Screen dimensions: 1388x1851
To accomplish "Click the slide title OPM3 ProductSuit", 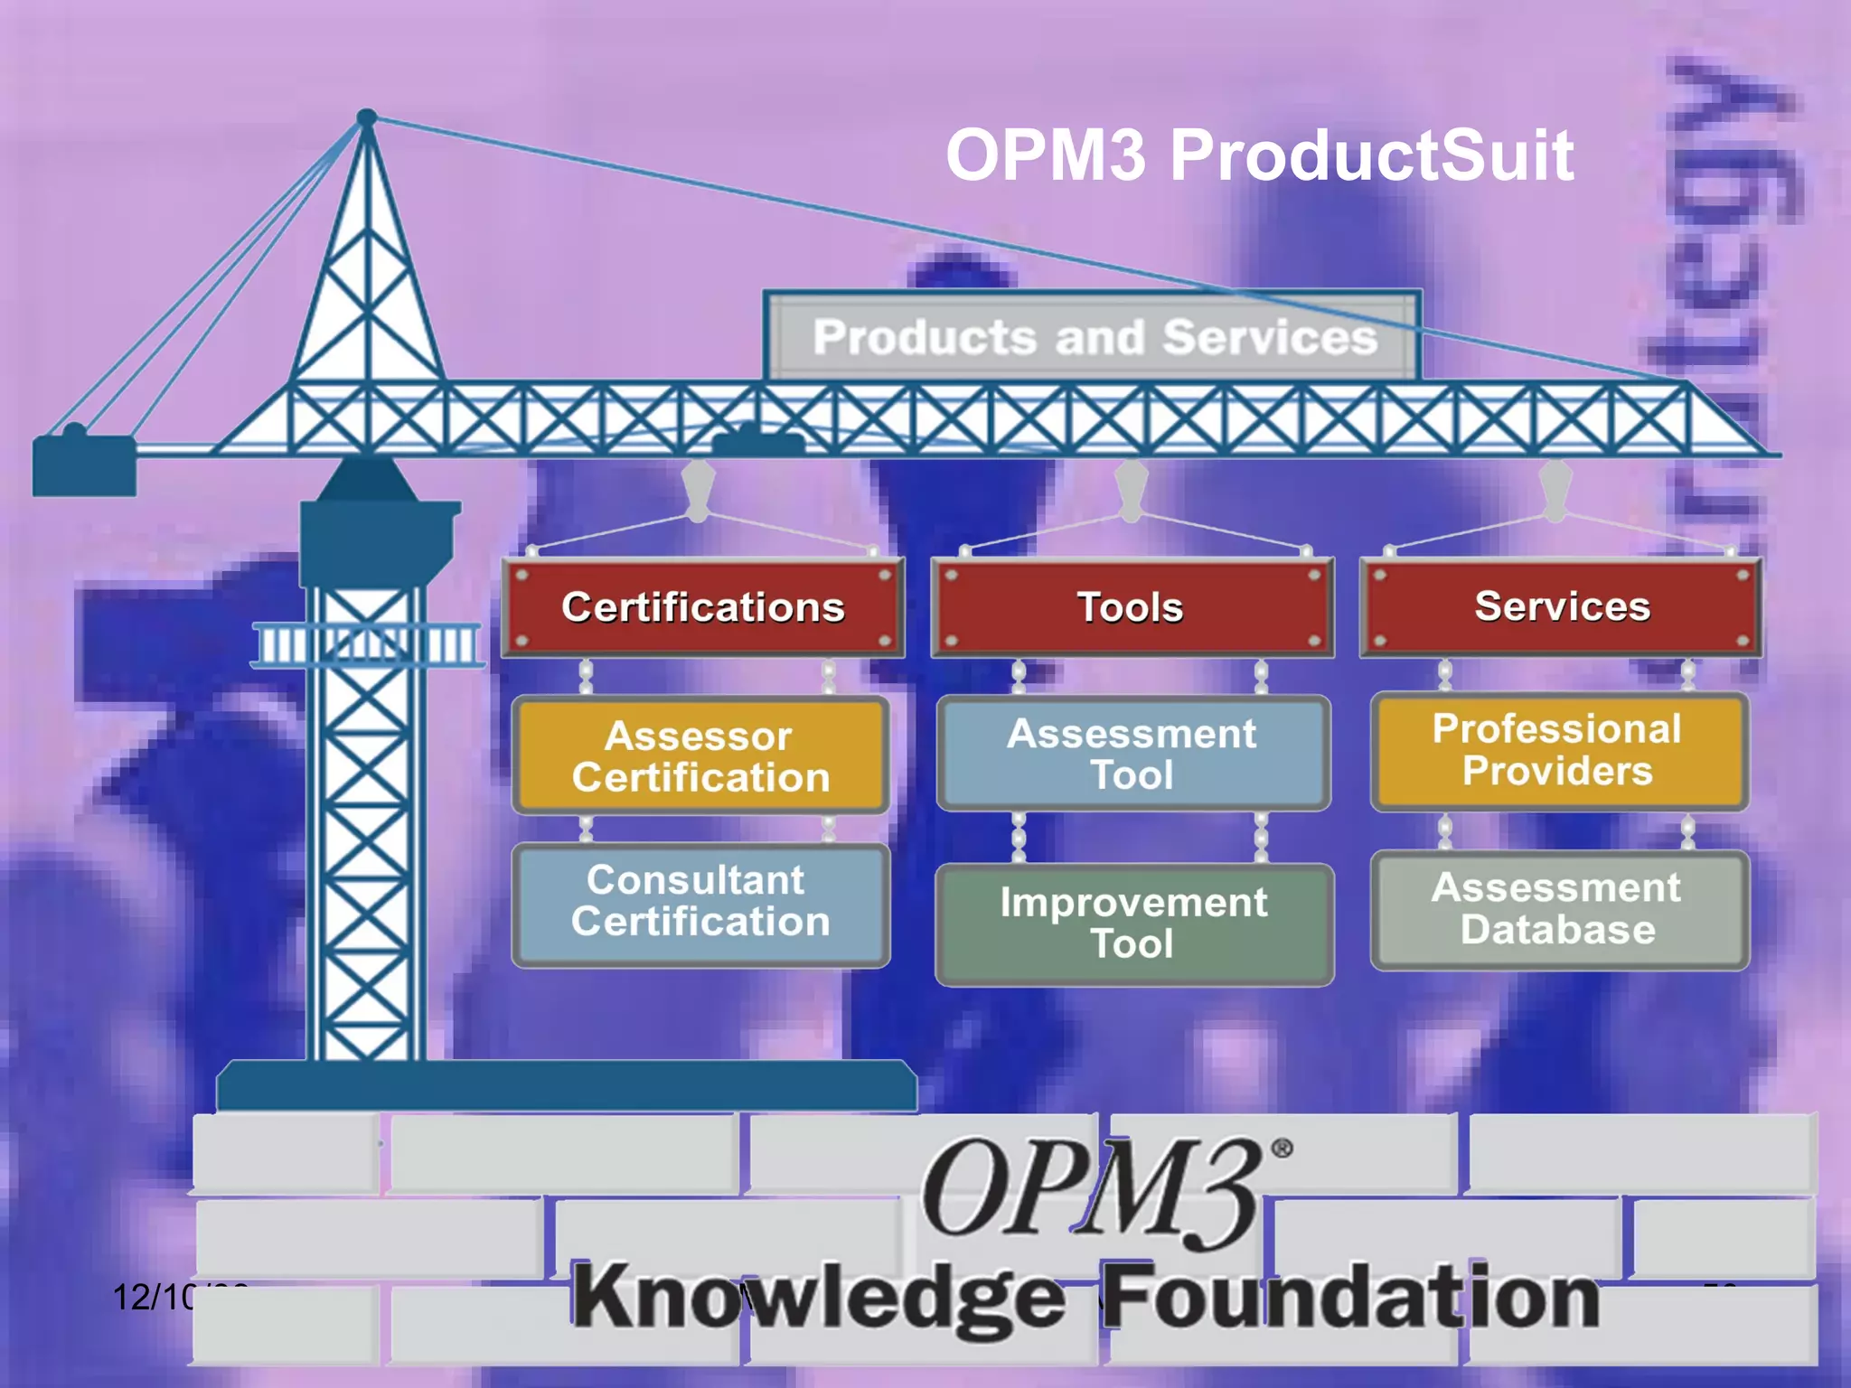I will coord(1259,155).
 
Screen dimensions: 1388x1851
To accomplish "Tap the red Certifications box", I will coord(702,607).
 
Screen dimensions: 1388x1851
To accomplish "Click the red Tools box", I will coord(1132,607).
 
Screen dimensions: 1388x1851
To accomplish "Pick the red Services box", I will coord(1561,606).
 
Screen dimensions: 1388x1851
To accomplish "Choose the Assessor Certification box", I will coord(700,756).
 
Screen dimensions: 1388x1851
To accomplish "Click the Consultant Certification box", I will coord(700,902).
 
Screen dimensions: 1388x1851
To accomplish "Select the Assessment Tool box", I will coord(1132,754).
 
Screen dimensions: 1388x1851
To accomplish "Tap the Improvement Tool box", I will coord(1133,924).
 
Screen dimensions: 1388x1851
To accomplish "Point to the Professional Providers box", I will coord(1558,750).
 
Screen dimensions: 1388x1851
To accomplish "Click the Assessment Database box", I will coord(1558,909).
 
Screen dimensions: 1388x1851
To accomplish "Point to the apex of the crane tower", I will coord(367,118).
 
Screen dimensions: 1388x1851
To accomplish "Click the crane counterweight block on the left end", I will coord(83,464).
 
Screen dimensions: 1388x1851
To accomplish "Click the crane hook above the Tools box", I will coord(1131,489).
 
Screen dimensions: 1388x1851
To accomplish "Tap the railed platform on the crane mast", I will coord(367,645).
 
